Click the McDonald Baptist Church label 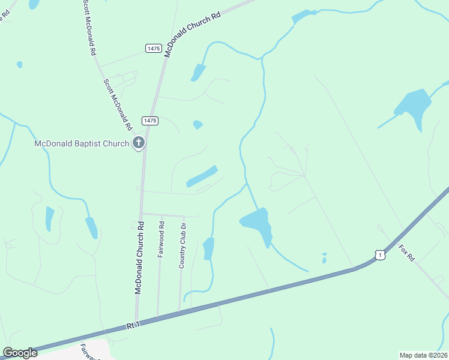82,143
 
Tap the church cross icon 139,143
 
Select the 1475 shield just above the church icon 150,121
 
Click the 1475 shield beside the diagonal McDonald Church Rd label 153,47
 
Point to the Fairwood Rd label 161,239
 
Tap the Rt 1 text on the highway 133,325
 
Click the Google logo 20,353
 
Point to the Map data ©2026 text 423,355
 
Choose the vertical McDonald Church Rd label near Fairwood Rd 140,258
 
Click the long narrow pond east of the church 202,176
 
